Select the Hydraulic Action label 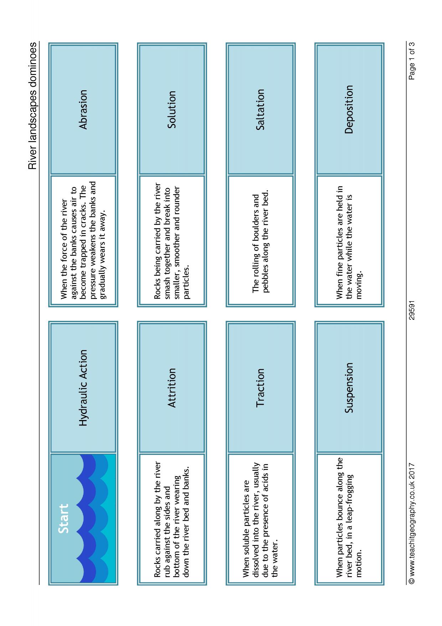click(83, 388)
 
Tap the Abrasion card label click(83, 109)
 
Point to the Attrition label click(172, 388)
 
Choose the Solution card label click(172, 109)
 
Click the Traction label click(260, 388)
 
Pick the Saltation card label click(260, 109)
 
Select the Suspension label click(349, 388)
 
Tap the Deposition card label click(349, 109)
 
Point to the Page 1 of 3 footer click(412, 61)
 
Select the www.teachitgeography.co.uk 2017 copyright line click(412, 528)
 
